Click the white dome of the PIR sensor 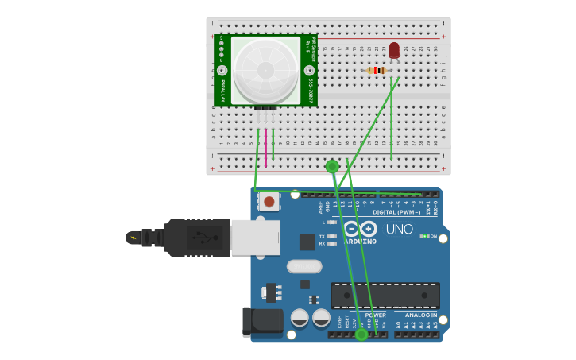point(265,69)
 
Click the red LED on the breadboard point(394,51)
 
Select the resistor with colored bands point(377,70)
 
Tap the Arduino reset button point(269,202)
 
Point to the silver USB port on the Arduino point(255,237)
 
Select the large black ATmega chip point(385,296)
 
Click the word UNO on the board point(400,229)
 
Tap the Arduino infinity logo point(360,229)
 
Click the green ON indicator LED point(425,236)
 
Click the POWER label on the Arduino point(376,315)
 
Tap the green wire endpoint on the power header point(361,335)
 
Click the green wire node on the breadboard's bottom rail point(332,166)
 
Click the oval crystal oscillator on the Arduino point(304,266)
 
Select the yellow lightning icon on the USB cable point(133,238)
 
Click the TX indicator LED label point(322,236)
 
